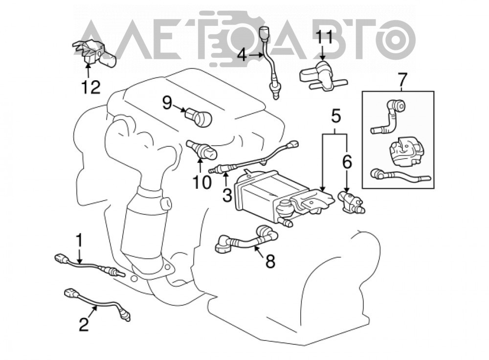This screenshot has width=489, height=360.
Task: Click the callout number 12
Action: [91, 87]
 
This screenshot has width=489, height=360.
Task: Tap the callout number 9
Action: [167, 103]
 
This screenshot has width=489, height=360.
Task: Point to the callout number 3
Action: [227, 195]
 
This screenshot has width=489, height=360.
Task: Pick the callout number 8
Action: [270, 261]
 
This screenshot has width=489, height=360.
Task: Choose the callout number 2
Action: [84, 324]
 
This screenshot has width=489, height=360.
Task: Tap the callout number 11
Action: [324, 38]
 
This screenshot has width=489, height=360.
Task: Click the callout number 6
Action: [347, 162]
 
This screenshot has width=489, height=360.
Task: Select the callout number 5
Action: [335, 117]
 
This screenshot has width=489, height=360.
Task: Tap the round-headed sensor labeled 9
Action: [199, 117]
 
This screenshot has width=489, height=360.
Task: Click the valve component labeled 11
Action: [323, 76]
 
